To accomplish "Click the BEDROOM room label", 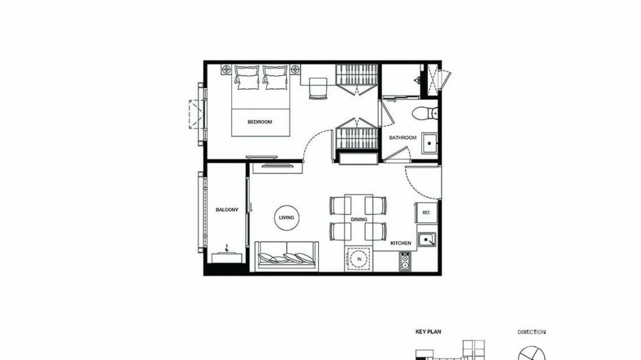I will [x=259, y=122].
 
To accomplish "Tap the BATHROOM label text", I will [x=402, y=138].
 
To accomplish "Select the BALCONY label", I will [x=227, y=210].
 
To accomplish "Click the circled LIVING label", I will [x=287, y=218].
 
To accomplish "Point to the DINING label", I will [x=359, y=220].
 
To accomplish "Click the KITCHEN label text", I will [x=400, y=243].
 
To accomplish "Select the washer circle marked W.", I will [x=358, y=259].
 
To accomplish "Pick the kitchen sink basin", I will [x=427, y=240].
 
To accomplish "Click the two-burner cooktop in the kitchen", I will [x=405, y=262].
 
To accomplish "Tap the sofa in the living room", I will [x=287, y=256].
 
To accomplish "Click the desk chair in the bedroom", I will [x=317, y=89].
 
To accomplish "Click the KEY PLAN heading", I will [x=427, y=332].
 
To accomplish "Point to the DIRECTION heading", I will [x=531, y=332].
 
